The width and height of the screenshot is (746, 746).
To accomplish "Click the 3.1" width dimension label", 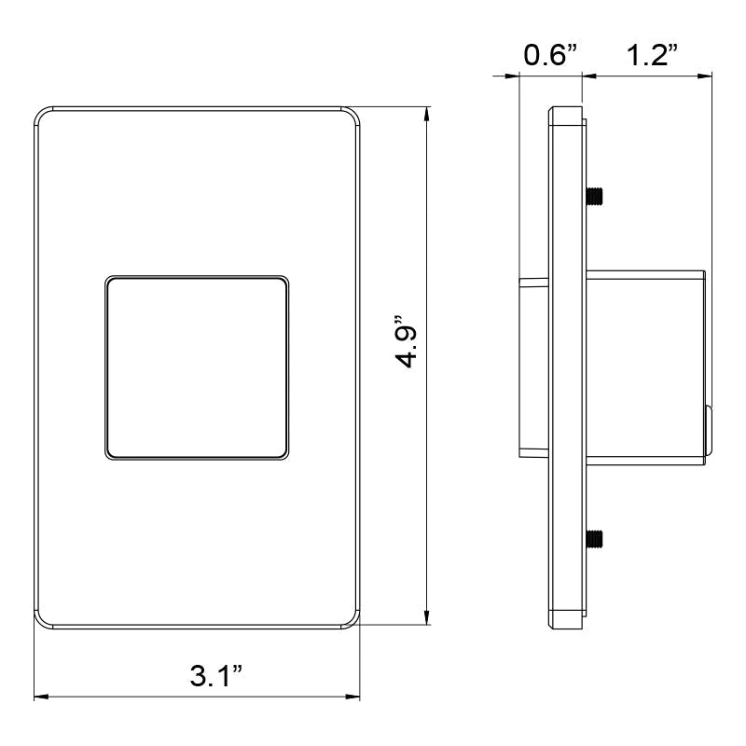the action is [216, 675].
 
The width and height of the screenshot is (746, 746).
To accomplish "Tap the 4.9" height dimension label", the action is [407, 341].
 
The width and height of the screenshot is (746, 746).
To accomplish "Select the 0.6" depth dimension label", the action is [550, 55].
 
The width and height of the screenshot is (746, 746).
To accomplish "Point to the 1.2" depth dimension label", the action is [652, 55].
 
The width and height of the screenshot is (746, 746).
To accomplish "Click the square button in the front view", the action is [197, 367].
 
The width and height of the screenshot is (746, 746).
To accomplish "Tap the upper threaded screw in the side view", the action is [594, 196].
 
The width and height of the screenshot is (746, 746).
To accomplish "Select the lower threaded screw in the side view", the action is [594, 538].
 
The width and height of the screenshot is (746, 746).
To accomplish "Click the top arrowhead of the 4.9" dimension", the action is [427, 114].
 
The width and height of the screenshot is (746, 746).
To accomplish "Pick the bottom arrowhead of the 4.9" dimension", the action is [427, 617].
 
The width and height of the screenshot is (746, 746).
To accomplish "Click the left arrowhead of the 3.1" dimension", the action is [41, 697].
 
